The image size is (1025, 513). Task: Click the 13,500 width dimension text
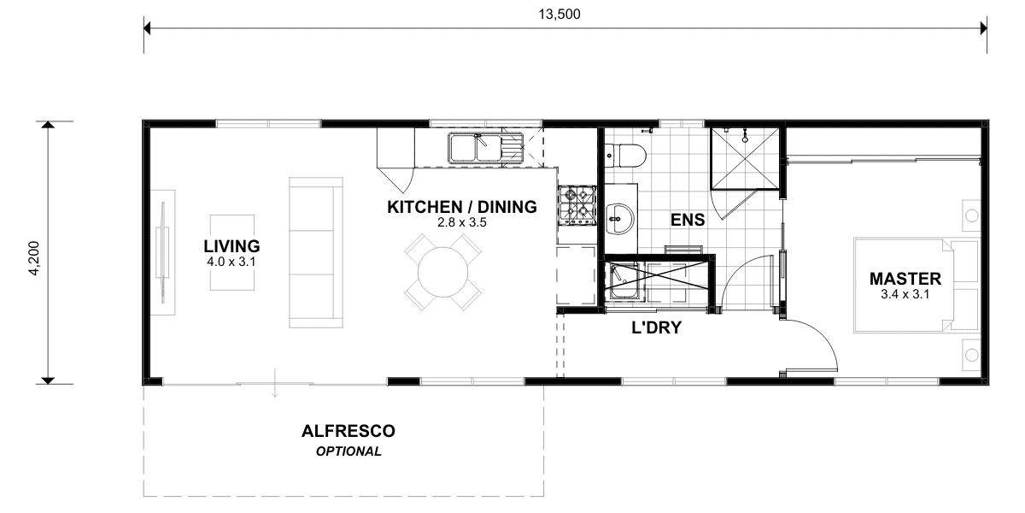point(559,15)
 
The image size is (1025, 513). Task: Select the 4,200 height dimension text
point(34,258)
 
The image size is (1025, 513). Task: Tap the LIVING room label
point(231,246)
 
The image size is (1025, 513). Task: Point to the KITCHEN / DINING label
point(462,207)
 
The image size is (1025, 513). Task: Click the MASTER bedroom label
point(905,279)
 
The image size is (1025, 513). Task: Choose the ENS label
point(688,220)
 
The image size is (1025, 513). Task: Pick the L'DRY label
point(657,327)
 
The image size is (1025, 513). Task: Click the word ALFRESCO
point(348,431)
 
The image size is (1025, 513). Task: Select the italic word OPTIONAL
point(348,451)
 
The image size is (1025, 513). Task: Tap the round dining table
point(443,272)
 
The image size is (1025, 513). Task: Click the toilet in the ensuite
point(624,156)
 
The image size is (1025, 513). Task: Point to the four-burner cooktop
point(577,205)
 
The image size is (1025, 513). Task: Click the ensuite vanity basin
point(619,219)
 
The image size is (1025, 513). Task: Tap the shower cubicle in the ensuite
point(745,158)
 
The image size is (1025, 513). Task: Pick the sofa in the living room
point(316,252)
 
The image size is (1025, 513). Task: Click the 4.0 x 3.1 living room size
point(231,262)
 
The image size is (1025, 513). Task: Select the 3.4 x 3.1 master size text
point(905,294)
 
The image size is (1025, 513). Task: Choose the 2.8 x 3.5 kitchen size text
point(462,222)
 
